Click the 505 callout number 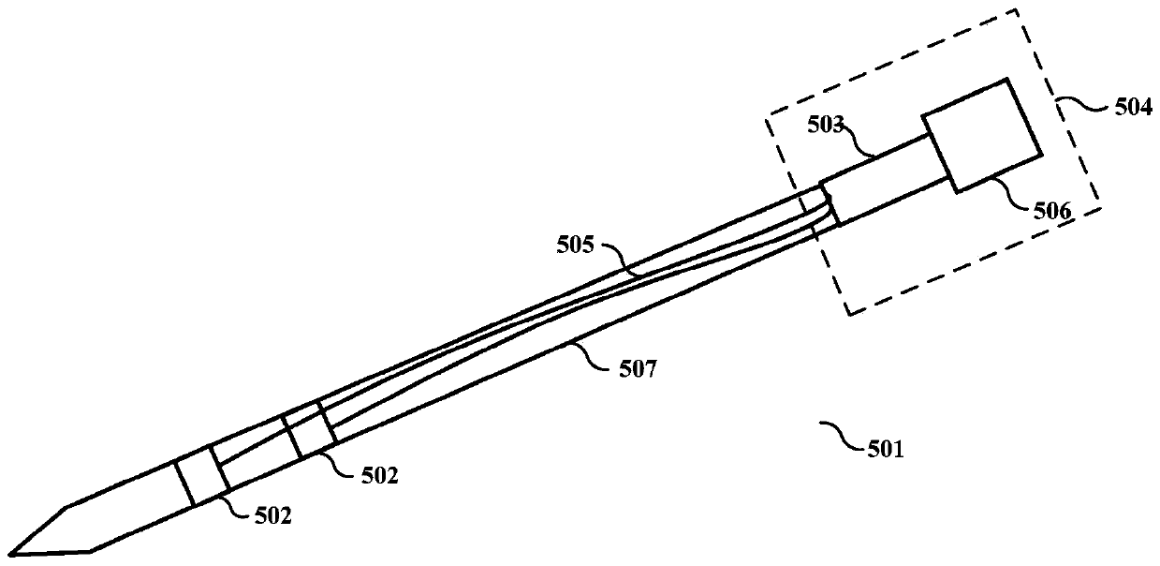[575, 246]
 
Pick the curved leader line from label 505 [615, 259]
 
